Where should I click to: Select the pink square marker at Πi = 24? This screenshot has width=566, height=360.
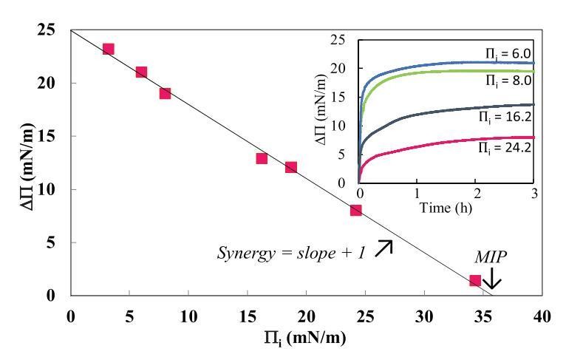[x=356, y=210]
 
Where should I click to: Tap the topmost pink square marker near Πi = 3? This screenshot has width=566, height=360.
[x=108, y=49]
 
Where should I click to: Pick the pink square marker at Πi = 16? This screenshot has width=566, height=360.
[x=262, y=158]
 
